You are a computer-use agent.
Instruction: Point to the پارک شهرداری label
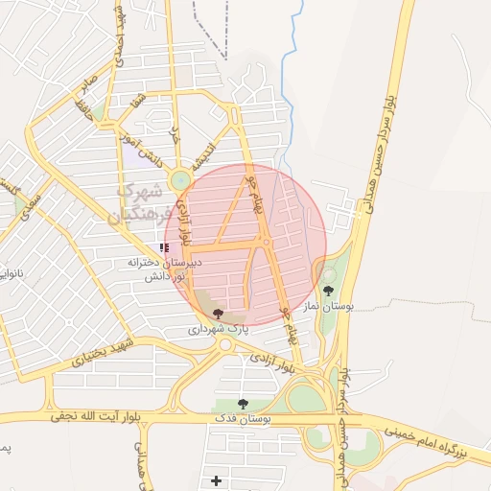[x=217, y=329]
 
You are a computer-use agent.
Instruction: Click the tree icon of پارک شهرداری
[x=219, y=314]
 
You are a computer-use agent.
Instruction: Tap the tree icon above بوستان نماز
[x=329, y=291]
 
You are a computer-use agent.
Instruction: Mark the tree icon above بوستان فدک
[x=243, y=404]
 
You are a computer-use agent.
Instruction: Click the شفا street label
[x=141, y=100]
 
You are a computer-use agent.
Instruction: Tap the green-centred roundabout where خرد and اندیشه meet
[x=179, y=179]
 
